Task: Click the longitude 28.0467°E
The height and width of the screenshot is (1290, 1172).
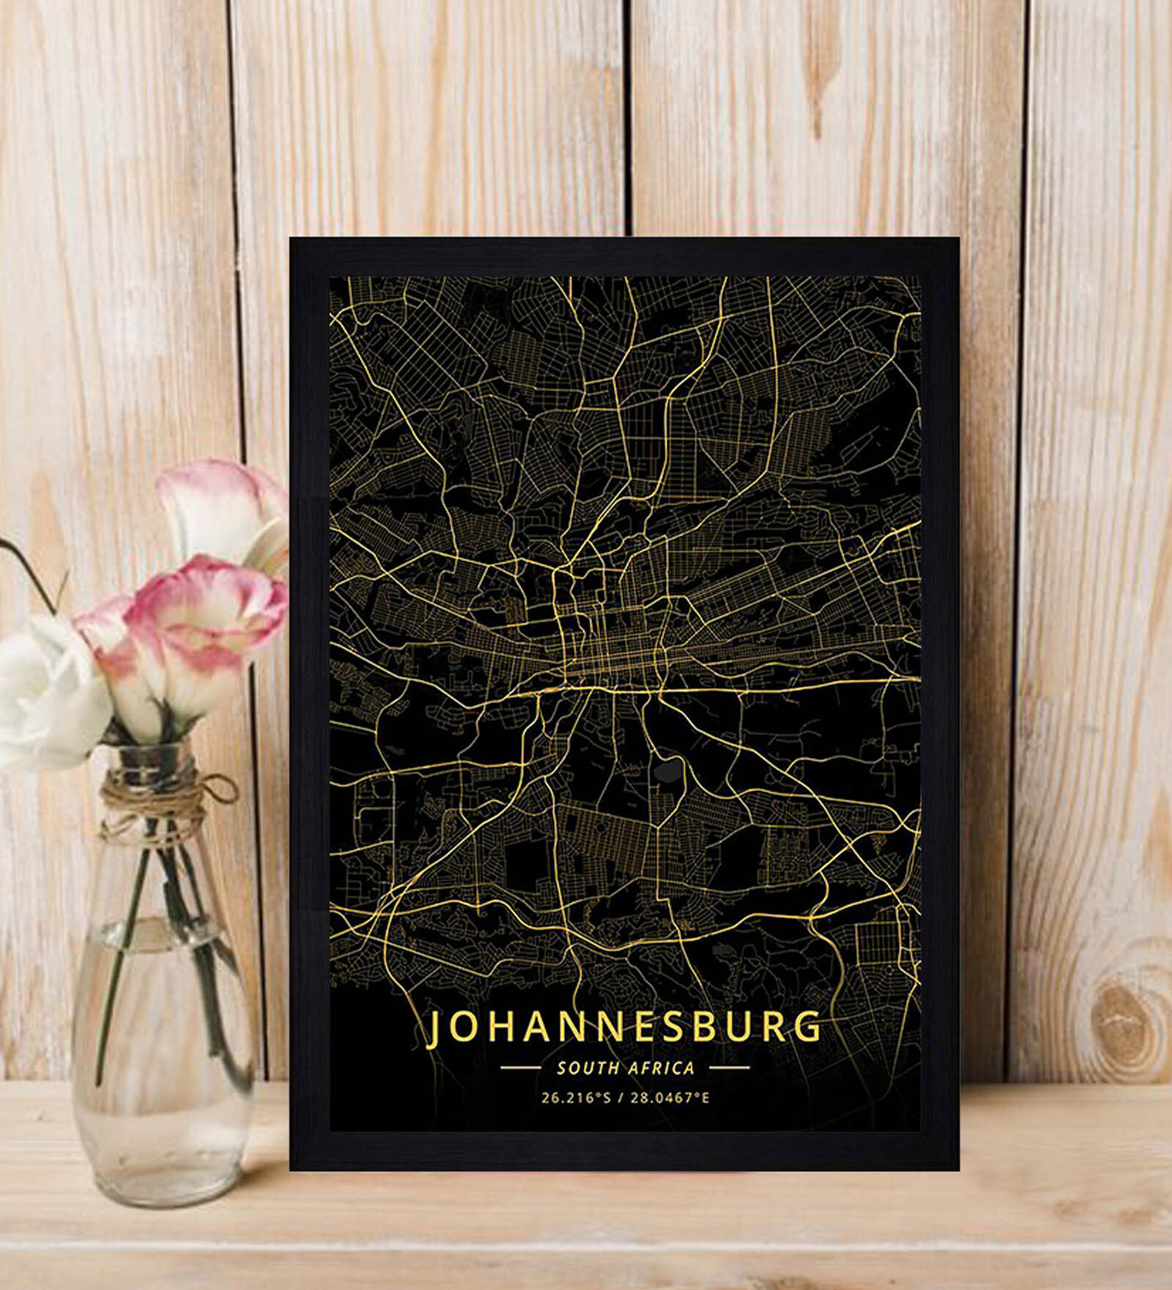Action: [x=671, y=1098]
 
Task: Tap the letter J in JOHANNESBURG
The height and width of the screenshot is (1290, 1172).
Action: [x=434, y=1028]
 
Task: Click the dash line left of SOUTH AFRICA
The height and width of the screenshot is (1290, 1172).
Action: [x=520, y=1068]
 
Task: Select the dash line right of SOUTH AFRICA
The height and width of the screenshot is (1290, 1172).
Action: [x=730, y=1068]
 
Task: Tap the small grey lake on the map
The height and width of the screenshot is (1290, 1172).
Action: [x=668, y=771]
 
